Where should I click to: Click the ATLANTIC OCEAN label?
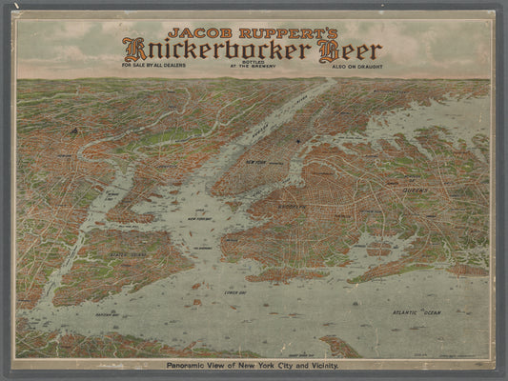click(418, 312)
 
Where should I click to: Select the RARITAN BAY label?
click(107, 312)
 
